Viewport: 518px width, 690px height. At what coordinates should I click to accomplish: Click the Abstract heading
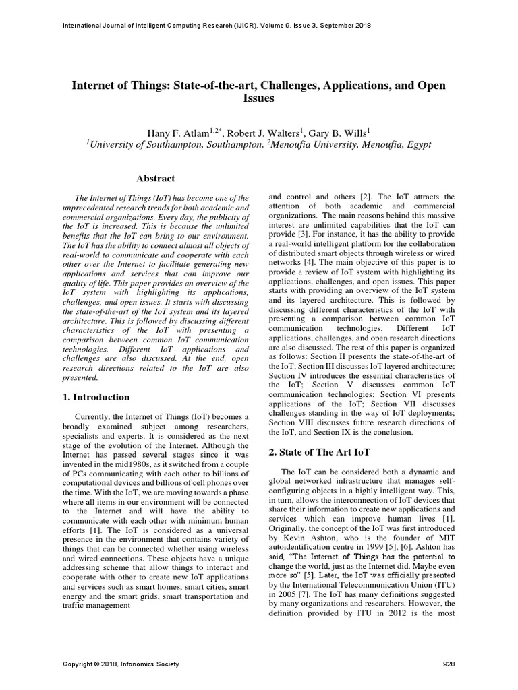(156, 179)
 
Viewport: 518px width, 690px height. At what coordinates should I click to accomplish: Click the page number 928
(449, 664)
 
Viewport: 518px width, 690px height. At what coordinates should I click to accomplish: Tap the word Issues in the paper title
(259, 98)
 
